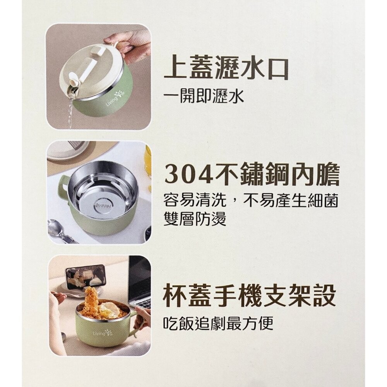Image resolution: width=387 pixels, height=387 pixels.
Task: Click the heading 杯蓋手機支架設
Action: click(x=250, y=296)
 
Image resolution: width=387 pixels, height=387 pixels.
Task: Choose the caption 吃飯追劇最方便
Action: click(x=219, y=323)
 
